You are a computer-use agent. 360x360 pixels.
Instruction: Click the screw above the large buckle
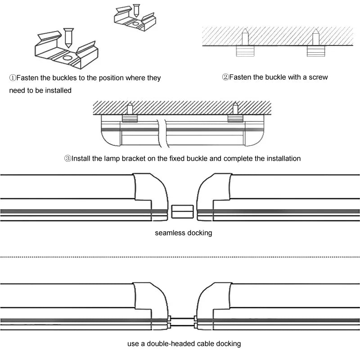pyautogui.click(x=68, y=37)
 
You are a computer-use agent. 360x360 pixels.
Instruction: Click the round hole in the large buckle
pyautogui.click(x=66, y=58)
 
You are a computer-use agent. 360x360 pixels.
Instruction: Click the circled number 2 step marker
pyautogui.click(x=225, y=77)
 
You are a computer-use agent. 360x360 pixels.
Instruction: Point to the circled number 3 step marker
pyautogui.click(x=68, y=158)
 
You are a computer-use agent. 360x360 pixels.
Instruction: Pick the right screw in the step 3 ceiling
pyautogui.click(x=234, y=109)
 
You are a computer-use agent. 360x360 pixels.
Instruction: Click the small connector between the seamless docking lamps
pyautogui.click(x=182, y=211)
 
